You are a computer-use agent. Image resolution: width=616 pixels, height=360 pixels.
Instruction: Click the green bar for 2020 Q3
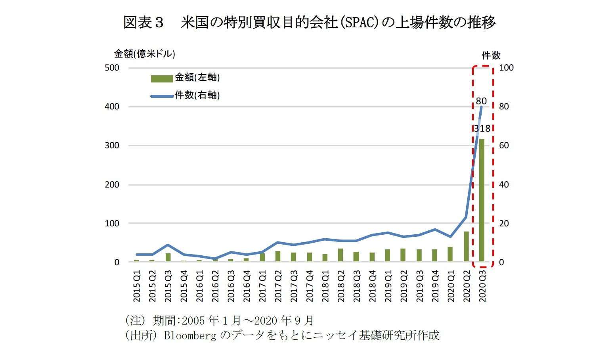tap(482, 200)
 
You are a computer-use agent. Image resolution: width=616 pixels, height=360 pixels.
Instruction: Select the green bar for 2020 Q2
tap(466, 246)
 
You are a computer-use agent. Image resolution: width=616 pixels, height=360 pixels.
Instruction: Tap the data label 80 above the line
tap(481, 101)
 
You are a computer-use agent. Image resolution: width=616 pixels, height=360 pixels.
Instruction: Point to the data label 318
tap(482, 128)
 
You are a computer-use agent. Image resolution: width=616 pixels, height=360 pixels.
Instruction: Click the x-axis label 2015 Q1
tap(137, 286)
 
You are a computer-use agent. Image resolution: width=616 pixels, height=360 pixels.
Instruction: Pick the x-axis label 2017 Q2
tap(278, 286)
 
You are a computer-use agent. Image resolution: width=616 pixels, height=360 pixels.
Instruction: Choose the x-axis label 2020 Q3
tap(482, 286)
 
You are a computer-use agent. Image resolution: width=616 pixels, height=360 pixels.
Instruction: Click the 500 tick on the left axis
tap(112, 68)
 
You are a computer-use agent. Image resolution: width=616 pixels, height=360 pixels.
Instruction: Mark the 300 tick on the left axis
tap(112, 146)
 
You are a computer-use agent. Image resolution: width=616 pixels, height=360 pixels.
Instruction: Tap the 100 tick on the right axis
tap(506, 68)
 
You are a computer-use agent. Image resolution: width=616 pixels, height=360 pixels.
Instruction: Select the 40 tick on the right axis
tap(504, 185)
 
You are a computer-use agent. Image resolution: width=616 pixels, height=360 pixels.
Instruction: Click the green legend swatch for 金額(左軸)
tap(162, 79)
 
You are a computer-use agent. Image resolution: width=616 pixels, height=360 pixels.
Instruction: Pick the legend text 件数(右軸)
tap(197, 95)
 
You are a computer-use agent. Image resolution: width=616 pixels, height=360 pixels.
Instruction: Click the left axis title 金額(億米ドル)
tap(145, 54)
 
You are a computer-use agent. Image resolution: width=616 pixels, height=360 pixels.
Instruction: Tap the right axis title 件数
tap(491, 55)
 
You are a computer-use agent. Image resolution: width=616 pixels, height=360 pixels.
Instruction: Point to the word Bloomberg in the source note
tap(190, 335)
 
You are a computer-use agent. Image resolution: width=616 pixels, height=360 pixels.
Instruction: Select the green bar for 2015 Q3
tap(168, 257)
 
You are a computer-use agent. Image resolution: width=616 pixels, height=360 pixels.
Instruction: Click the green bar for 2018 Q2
tap(341, 255)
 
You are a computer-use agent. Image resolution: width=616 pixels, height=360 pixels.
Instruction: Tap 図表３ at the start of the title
tap(143, 22)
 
